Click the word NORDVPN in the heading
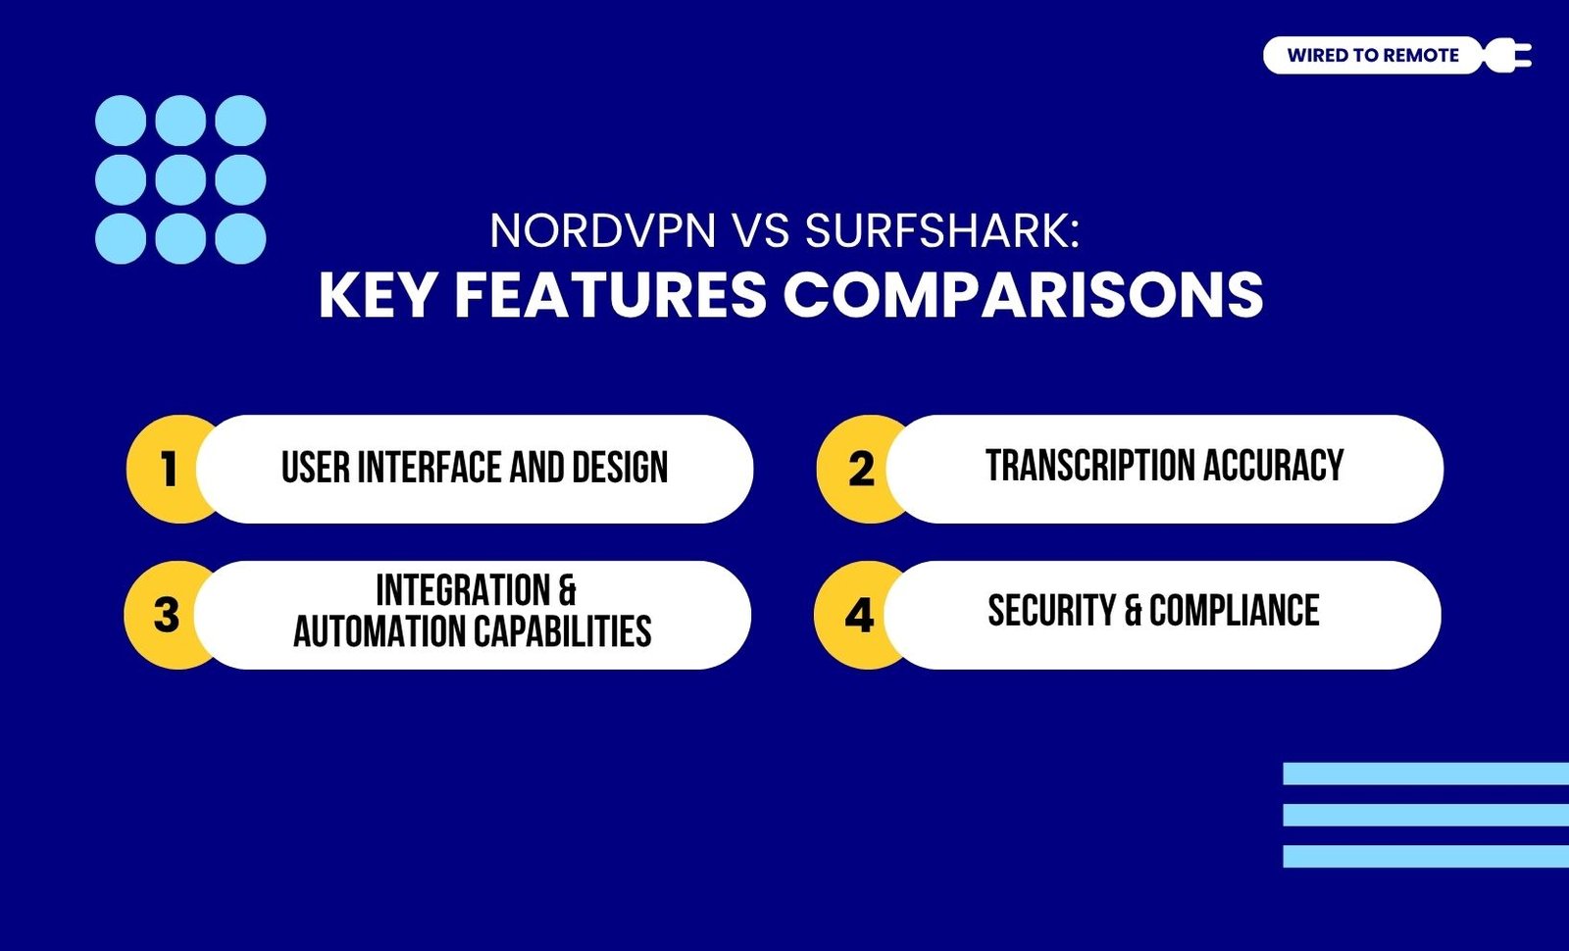click(x=603, y=230)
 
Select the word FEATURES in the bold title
click(x=611, y=295)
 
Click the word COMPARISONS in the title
click(x=1024, y=295)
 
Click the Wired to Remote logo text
click(x=1372, y=55)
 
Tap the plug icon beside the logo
click(x=1507, y=55)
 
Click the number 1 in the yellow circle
click(x=168, y=469)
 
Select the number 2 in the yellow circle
click(x=861, y=469)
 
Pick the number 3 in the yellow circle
click(x=167, y=615)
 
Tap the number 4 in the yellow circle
click(x=859, y=615)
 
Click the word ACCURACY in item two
click(x=1274, y=465)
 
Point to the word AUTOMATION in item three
click(x=380, y=631)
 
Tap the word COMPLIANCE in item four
click(x=1235, y=610)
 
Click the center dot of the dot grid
click(x=180, y=180)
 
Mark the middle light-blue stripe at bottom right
click(x=1426, y=815)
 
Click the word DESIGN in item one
click(x=620, y=467)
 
